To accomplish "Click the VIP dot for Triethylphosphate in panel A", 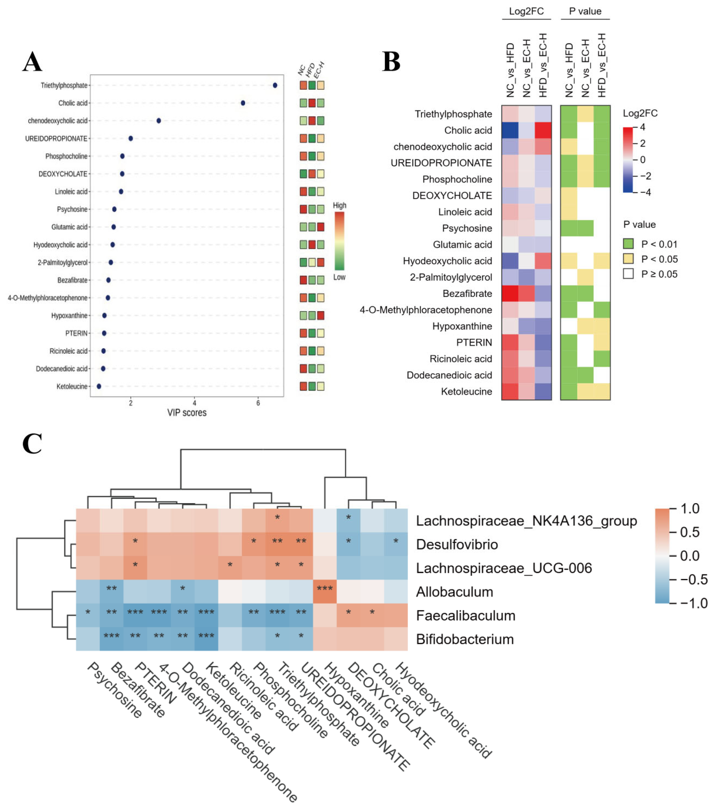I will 275,85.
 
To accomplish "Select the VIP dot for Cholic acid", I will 243,103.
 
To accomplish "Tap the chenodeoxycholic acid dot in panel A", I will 159,121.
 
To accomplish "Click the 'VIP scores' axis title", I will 187,413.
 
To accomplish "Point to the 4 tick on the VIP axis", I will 194,403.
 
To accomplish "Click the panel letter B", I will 391,62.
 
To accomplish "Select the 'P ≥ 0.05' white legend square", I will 628,274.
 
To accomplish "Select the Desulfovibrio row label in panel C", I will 457,545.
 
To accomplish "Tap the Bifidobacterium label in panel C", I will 465,639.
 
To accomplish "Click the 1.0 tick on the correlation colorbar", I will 689,508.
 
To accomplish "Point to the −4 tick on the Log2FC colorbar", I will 645,192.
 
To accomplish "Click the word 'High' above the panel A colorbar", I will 339,205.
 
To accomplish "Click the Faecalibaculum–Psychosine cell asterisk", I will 88,612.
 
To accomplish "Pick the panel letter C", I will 32,443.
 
